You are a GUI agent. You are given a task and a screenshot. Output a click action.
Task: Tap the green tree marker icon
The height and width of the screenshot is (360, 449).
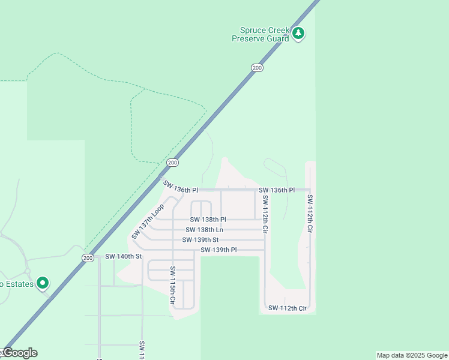coord(299,34)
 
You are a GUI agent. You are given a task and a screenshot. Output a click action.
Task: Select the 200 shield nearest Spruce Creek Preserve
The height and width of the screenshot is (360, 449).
coord(257,68)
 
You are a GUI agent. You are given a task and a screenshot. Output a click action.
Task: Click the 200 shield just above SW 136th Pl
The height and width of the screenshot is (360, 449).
coord(172,163)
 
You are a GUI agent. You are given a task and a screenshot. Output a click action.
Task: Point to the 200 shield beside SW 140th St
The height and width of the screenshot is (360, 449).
coord(88,257)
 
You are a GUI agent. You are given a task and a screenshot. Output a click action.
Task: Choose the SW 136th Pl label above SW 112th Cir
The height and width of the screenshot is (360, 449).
coord(277,190)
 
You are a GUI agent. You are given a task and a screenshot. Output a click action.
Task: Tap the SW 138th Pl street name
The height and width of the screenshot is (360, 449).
coord(208,220)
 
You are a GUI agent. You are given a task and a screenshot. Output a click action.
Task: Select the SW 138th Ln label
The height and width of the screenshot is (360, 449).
coord(204,230)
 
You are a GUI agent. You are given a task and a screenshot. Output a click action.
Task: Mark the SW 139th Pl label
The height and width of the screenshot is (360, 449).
coord(218,250)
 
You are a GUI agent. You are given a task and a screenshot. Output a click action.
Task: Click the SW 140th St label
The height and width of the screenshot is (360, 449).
coord(123,257)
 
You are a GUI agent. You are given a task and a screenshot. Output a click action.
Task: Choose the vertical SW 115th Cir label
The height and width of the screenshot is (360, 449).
coord(172,285)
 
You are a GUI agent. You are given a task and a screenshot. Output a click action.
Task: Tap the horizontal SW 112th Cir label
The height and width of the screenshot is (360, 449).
coord(288,308)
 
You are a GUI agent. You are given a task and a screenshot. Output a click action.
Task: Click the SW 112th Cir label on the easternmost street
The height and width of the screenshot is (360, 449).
coord(310,214)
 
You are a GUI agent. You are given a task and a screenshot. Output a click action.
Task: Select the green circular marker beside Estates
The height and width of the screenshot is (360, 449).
coord(42,283)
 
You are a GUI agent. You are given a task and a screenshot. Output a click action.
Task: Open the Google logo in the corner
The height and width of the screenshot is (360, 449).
coord(20,353)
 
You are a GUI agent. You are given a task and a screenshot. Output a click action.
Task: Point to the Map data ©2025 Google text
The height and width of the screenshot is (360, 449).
coord(411,355)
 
